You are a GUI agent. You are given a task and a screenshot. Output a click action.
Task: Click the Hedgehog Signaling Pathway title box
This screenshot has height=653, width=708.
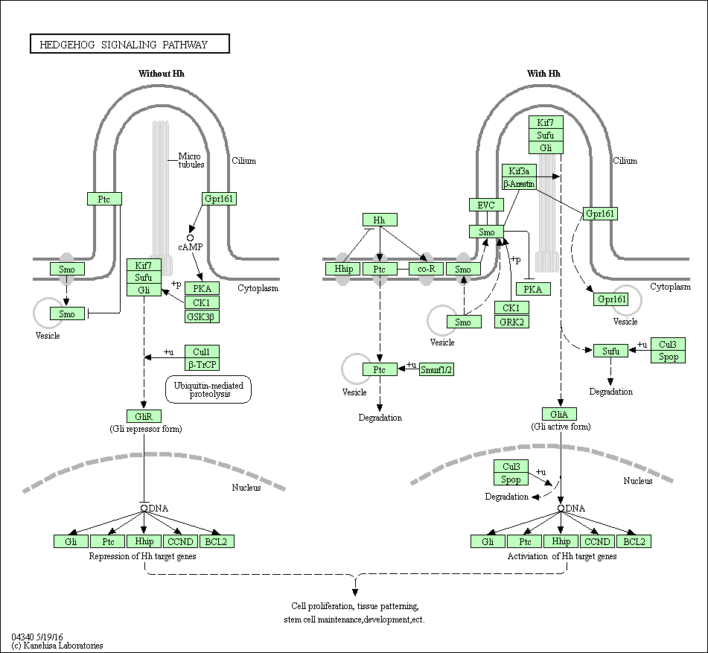[x=130, y=45]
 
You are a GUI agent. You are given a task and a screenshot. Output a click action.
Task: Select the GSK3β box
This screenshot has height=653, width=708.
[x=202, y=316]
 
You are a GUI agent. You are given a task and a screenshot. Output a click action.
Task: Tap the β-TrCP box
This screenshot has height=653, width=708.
[x=202, y=364]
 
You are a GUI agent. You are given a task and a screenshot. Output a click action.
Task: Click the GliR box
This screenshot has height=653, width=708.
[x=144, y=416]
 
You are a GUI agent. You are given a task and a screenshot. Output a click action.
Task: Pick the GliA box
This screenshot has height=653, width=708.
[x=560, y=414]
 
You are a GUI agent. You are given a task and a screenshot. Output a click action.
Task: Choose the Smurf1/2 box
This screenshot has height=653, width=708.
[x=436, y=369]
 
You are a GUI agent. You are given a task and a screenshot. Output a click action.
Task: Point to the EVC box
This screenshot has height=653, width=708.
[x=486, y=205]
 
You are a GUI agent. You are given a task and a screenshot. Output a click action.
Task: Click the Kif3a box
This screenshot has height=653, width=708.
[x=519, y=171]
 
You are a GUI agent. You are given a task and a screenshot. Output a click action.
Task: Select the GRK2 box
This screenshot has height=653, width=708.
[x=511, y=322]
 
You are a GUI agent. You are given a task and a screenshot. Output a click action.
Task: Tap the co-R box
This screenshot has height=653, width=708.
[x=427, y=269]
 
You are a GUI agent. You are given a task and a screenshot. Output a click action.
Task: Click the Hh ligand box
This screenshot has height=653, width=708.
[x=380, y=220]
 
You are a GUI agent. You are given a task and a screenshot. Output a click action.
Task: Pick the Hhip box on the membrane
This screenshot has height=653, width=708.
[x=342, y=269]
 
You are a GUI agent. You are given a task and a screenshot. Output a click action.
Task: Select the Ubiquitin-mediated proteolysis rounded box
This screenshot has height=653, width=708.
[x=208, y=389]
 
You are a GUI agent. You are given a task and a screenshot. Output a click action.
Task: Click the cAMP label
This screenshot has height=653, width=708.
[x=190, y=246]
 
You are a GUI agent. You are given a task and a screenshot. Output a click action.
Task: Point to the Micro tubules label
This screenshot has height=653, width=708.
[x=191, y=160]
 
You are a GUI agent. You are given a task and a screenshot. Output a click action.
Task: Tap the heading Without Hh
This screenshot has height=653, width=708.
[x=162, y=74]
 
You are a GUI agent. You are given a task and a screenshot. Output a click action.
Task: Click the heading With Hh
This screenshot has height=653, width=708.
[x=543, y=74]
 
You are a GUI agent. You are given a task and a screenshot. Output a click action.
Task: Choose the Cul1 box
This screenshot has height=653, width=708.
[x=202, y=351]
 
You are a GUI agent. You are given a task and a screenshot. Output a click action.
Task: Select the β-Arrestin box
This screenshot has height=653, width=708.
[x=519, y=183]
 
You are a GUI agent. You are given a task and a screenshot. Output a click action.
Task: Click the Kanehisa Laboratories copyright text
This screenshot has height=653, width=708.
[x=57, y=646]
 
